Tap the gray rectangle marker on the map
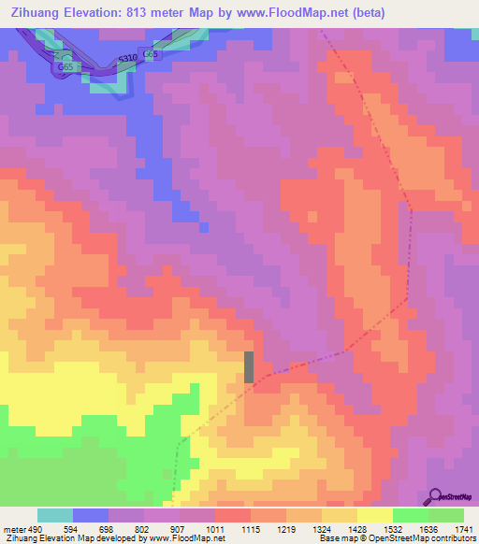249,366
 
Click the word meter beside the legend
15,530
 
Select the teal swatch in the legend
55,516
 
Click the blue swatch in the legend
91,516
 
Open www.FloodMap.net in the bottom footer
184,539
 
